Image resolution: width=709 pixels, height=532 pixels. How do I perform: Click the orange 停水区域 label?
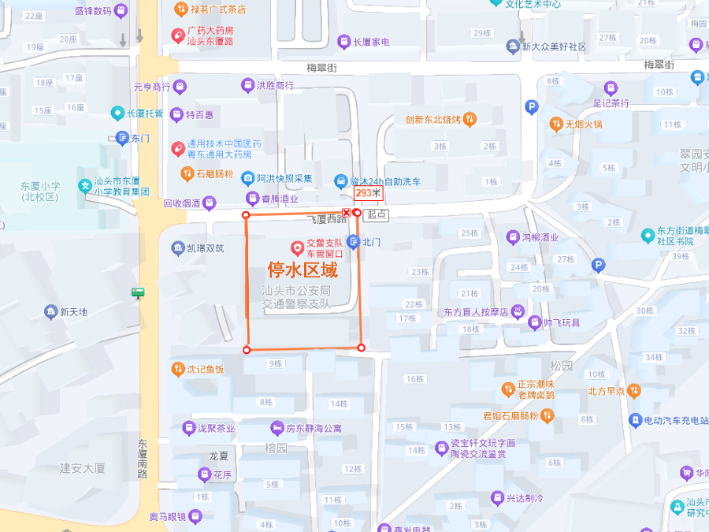click(303, 270)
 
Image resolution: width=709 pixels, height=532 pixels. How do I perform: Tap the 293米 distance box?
click(367, 193)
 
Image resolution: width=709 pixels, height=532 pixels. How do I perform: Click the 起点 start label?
click(377, 214)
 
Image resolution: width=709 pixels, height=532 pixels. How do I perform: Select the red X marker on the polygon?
click(346, 213)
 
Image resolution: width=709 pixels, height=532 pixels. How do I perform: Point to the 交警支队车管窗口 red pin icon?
click(298, 248)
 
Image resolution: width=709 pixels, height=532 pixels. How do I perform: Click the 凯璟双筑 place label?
click(205, 248)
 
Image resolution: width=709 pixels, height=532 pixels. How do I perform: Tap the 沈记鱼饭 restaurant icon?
click(178, 369)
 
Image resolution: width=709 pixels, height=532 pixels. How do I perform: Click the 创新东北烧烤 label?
click(432, 120)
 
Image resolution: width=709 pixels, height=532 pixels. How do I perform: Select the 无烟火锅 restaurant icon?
click(556, 124)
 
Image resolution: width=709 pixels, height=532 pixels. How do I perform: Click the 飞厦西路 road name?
click(328, 220)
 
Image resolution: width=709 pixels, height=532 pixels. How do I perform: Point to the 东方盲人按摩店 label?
click(476, 311)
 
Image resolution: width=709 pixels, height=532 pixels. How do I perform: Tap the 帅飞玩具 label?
click(562, 322)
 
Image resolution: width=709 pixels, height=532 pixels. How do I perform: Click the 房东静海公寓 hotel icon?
click(277, 428)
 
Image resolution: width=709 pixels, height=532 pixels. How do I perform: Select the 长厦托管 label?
click(145, 113)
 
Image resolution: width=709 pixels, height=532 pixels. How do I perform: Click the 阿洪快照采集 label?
click(284, 178)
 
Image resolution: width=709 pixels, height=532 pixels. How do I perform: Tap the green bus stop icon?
click(138, 293)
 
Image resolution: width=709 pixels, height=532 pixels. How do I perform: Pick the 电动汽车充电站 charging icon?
click(635, 420)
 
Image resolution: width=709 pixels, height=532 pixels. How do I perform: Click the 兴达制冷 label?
click(525, 498)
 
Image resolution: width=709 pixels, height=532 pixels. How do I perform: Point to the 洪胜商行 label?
click(275, 85)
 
